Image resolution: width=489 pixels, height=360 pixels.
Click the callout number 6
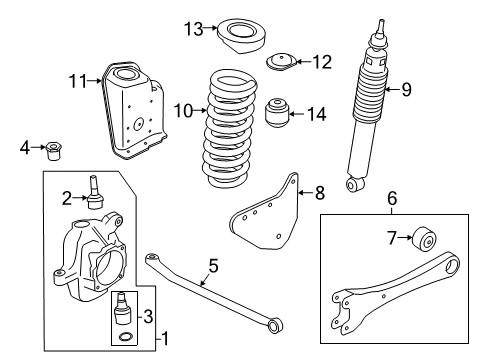(392, 200)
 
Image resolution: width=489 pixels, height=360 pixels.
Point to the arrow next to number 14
(303, 115)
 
